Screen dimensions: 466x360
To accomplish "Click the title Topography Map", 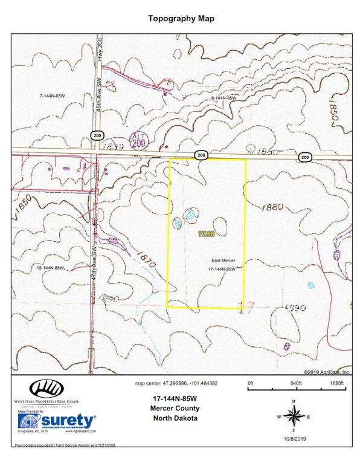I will point(181,19).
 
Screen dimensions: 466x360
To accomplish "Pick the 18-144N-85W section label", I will point(51,267).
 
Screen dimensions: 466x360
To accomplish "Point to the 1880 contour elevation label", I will point(272,207).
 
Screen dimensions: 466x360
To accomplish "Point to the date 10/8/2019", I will point(294,438).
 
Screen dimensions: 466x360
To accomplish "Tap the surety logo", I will point(57,421).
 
